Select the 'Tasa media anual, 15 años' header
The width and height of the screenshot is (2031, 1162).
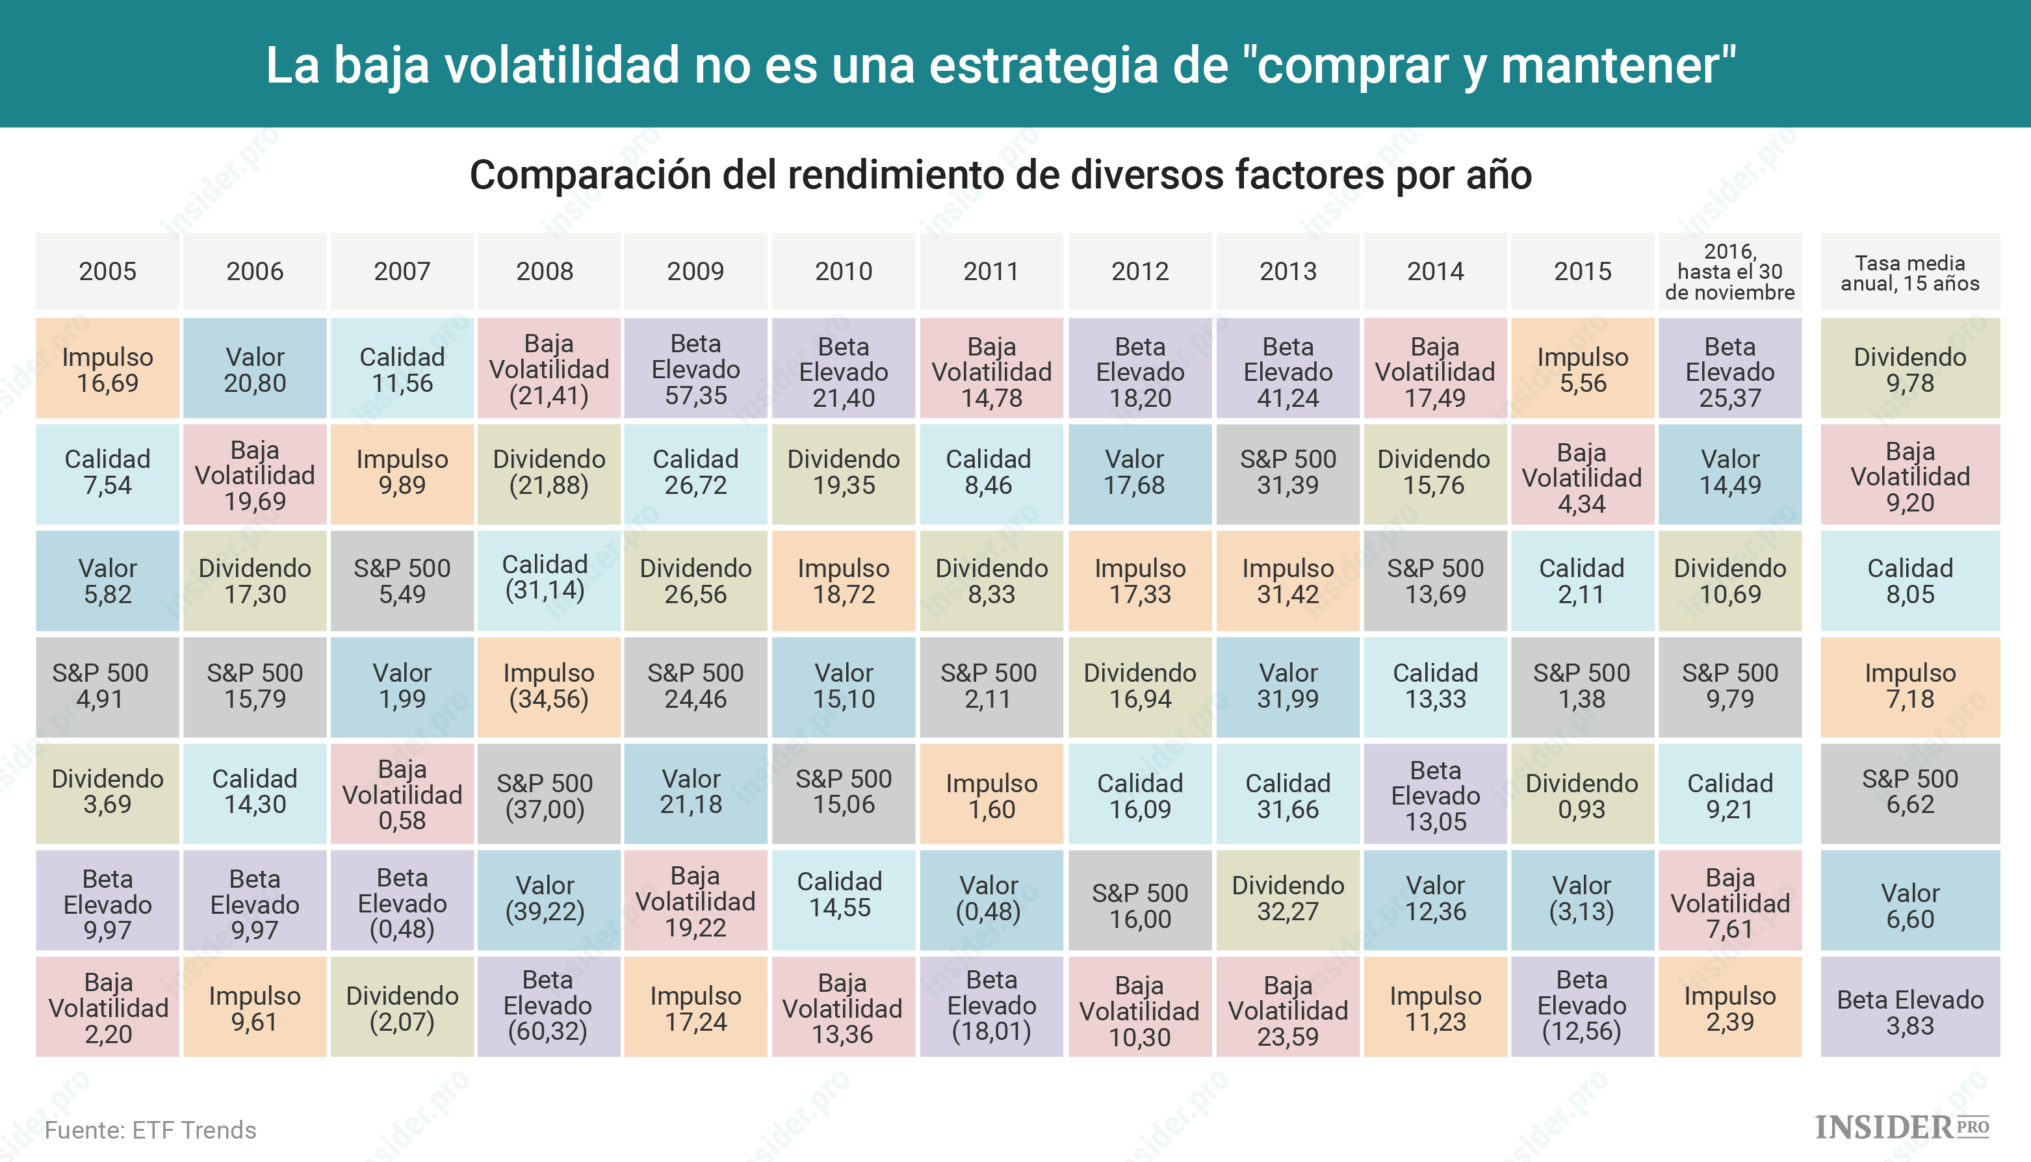click(1909, 273)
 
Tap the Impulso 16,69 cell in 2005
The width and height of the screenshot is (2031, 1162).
click(108, 370)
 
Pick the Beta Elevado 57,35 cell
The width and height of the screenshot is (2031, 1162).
click(695, 370)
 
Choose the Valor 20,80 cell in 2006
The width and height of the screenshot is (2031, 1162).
click(255, 370)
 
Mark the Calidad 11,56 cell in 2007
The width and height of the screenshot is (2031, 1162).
click(402, 370)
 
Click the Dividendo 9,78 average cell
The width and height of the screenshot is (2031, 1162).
click(1909, 370)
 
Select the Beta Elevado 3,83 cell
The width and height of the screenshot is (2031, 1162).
click(1909, 1011)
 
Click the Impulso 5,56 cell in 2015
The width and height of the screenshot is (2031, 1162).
click(1583, 370)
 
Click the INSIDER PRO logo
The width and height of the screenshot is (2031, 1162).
click(1902, 1127)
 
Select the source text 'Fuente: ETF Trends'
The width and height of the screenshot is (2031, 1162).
click(151, 1130)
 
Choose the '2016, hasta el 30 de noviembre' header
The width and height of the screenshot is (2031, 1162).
click(1729, 272)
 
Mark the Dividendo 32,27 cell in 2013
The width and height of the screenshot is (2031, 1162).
click(1287, 899)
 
